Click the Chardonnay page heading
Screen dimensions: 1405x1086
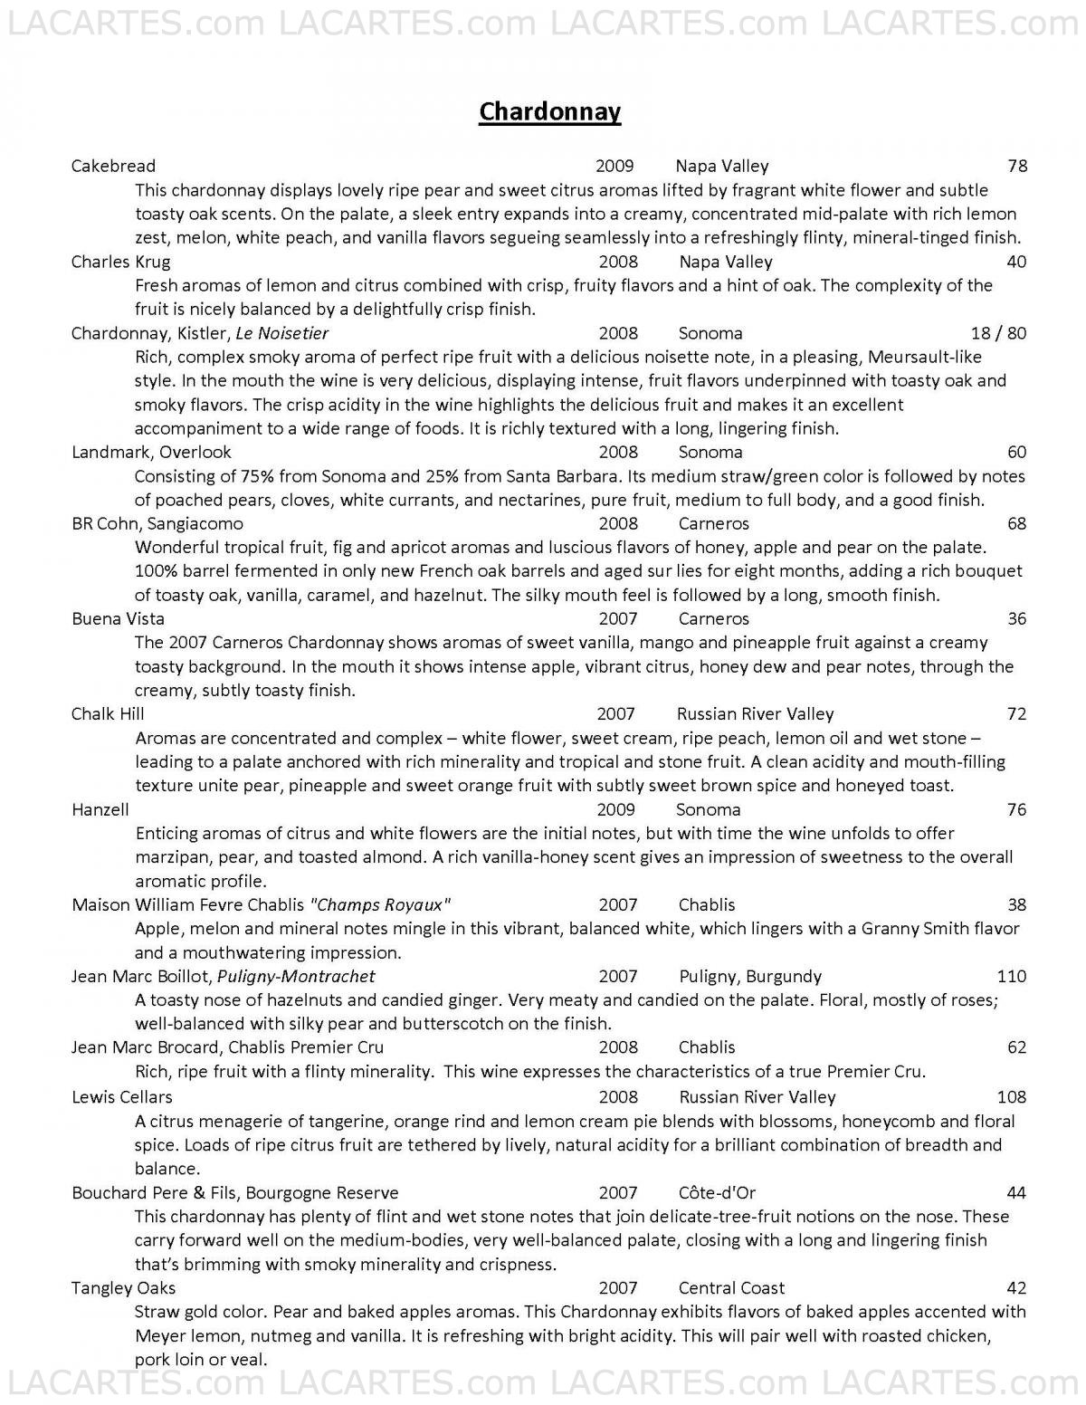(549, 111)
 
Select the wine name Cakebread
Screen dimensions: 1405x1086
(113, 166)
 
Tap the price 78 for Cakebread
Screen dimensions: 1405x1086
(1016, 166)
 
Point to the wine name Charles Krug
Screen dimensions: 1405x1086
(120, 262)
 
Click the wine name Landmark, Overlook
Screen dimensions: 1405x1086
(151, 452)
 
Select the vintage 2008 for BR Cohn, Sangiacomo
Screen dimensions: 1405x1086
(618, 523)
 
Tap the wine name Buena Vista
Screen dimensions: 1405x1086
(118, 619)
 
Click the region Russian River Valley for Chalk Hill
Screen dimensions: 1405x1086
(755, 714)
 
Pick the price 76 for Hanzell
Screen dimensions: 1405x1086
(1016, 809)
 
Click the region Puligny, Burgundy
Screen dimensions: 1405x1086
(750, 976)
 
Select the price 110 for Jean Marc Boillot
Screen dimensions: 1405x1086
(1011, 976)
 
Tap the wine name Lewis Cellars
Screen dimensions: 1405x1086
(121, 1097)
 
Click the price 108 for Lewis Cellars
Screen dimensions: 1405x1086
(1011, 1097)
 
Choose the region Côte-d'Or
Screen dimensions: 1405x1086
(718, 1193)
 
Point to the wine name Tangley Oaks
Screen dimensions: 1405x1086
(123, 1288)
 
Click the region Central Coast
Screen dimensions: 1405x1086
(731, 1288)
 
